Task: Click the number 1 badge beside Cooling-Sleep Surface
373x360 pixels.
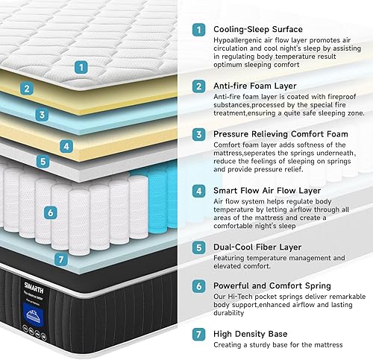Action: [198, 30]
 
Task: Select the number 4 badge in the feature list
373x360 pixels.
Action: [198, 190]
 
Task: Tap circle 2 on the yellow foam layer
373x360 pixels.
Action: [27, 89]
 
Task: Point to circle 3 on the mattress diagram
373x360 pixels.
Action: [43, 115]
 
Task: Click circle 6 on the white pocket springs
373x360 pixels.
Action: [50, 212]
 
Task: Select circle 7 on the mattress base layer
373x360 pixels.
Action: [62, 260]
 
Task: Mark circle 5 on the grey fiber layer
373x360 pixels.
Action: [43, 160]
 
